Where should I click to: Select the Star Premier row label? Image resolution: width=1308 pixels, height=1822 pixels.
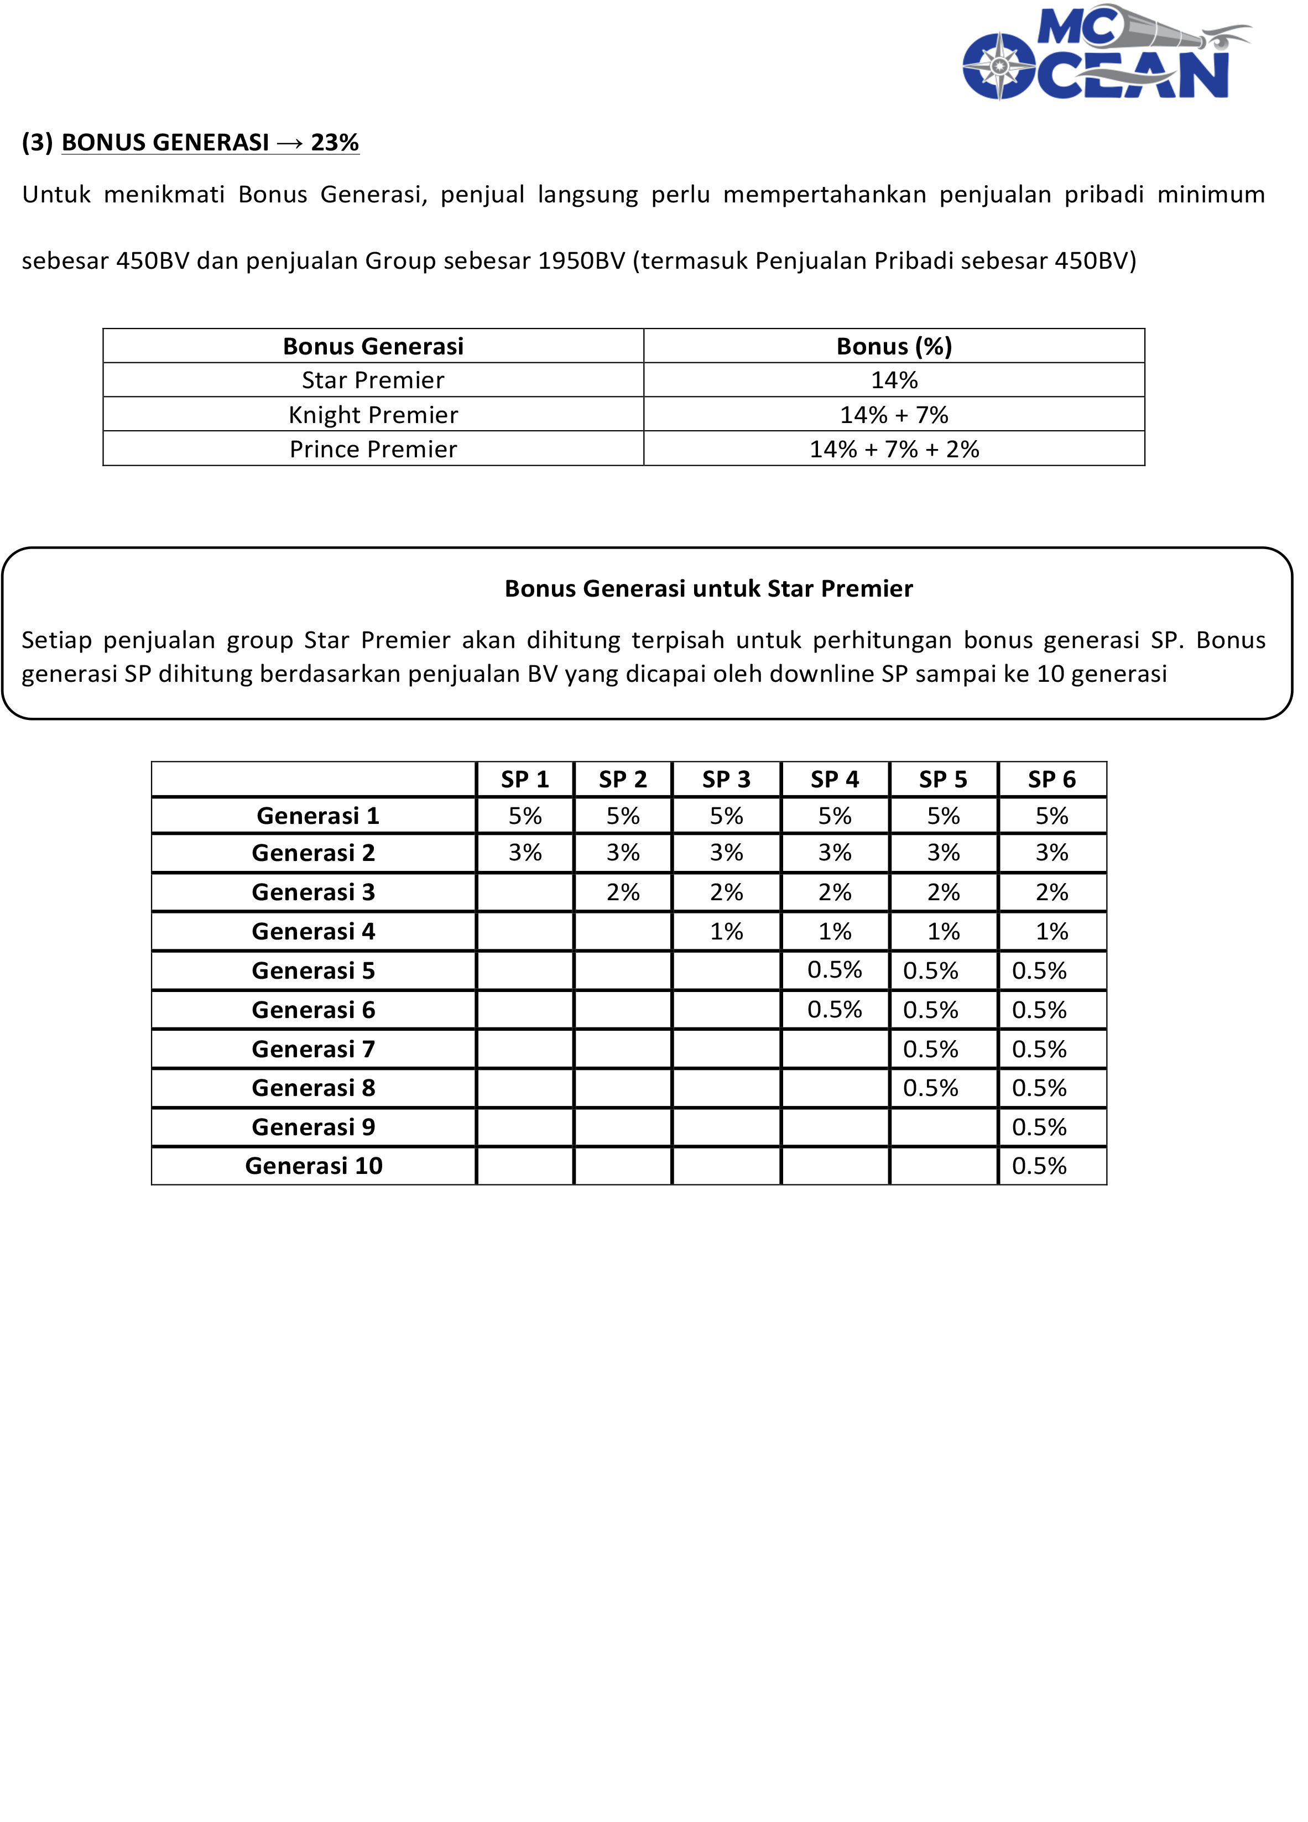point(373,380)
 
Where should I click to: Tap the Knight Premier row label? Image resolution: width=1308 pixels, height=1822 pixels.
point(373,415)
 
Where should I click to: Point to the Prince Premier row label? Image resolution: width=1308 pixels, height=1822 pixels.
point(373,449)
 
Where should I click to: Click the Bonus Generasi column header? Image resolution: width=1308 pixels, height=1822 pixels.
point(373,346)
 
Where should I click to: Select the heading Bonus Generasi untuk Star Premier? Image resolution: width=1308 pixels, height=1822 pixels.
point(708,589)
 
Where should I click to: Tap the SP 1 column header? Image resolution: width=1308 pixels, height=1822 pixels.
point(525,779)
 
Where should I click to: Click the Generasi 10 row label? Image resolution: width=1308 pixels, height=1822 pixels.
point(314,1166)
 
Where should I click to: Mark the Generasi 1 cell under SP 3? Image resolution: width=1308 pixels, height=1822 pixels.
point(726,816)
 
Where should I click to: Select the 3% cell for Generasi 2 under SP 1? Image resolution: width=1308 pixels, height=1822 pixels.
point(525,852)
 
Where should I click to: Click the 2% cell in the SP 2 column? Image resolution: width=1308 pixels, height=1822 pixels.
point(623,892)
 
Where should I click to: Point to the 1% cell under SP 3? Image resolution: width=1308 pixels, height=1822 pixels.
point(726,931)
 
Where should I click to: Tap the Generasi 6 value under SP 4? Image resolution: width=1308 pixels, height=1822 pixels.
point(834,1009)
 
